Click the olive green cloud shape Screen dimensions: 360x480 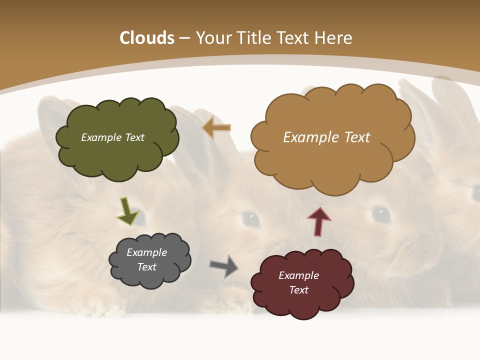117,155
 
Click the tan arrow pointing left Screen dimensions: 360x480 216,127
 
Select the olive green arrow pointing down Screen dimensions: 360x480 127,211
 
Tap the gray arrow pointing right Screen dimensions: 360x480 224,266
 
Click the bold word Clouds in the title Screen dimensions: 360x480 146,38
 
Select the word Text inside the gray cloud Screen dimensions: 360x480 147,267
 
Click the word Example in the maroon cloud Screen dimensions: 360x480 298,275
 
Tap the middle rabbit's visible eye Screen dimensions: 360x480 250,218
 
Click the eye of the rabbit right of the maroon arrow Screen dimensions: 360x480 382,214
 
